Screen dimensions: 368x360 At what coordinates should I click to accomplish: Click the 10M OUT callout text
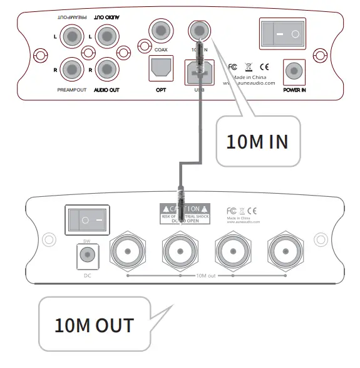click(x=94, y=325)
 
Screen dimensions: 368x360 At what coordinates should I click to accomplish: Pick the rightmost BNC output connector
click(x=284, y=251)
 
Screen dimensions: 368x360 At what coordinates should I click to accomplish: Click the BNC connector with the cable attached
click(x=180, y=251)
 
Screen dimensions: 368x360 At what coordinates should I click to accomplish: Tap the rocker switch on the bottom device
click(x=86, y=219)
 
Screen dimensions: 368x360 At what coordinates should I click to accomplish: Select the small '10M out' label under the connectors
click(x=205, y=276)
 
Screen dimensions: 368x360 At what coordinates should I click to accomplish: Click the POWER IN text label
click(x=294, y=90)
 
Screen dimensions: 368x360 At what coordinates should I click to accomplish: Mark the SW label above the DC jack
click(x=87, y=240)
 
